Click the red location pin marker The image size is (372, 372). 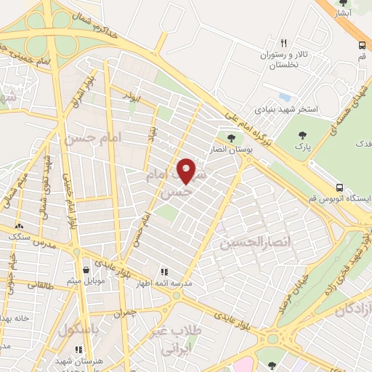[x=187, y=171]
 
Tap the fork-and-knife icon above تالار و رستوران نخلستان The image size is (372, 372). [x=284, y=44]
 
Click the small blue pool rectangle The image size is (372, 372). [x=284, y=97]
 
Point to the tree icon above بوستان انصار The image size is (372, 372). [x=231, y=138]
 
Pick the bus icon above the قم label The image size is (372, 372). [x=361, y=45]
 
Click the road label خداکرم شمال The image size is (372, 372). [x=86, y=23]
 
